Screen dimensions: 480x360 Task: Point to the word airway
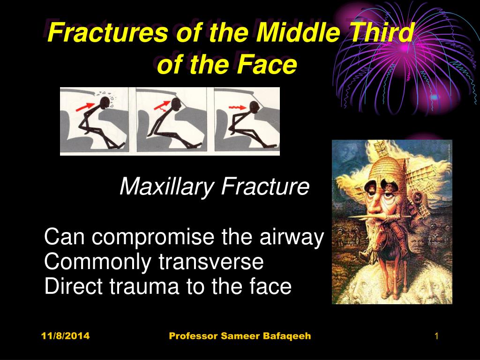click(x=292, y=237)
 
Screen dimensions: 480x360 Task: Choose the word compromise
click(x=153, y=237)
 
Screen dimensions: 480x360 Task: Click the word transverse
click(x=211, y=262)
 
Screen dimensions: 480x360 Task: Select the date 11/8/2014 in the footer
click(x=66, y=336)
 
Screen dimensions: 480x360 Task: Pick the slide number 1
click(x=436, y=336)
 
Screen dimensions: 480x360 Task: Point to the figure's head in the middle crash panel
click(x=176, y=104)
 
